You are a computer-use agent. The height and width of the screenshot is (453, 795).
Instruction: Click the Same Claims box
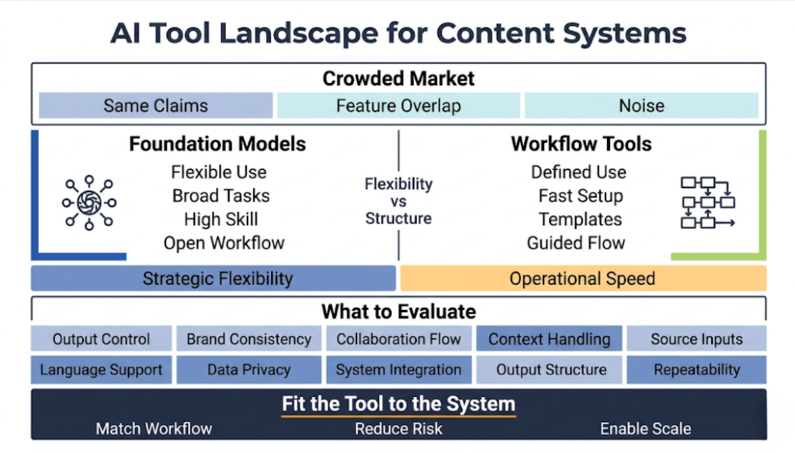[155, 106]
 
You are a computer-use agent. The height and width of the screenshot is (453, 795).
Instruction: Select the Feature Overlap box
[398, 106]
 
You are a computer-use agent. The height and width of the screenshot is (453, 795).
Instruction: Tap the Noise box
[641, 106]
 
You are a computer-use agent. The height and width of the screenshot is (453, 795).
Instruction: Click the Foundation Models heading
[217, 144]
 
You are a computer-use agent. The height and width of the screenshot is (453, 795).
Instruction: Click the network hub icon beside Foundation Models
[87, 201]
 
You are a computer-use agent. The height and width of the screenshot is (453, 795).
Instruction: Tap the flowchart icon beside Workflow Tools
[707, 202]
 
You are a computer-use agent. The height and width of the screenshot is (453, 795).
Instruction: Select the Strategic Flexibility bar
[214, 278]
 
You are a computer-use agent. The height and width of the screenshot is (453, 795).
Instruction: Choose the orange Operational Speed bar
[582, 278]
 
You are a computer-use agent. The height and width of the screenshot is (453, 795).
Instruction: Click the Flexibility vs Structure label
[398, 201]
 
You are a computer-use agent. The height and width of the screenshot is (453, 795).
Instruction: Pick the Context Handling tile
[549, 339]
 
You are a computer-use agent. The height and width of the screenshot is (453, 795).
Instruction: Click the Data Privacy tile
[248, 370]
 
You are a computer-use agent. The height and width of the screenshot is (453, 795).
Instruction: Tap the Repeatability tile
[696, 370]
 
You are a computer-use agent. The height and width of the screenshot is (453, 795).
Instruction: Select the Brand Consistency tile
[248, 339]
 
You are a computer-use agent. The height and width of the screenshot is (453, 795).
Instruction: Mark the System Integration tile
[398, 370]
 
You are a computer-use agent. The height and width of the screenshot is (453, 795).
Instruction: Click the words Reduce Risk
[398, 428]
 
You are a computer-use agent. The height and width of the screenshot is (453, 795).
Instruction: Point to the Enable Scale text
[645, 428]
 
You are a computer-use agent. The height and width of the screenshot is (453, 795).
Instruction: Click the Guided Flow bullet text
[575, 243]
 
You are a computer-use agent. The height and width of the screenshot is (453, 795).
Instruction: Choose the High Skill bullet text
[220, 219]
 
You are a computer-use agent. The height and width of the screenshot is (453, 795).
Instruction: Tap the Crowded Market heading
[398, 78]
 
